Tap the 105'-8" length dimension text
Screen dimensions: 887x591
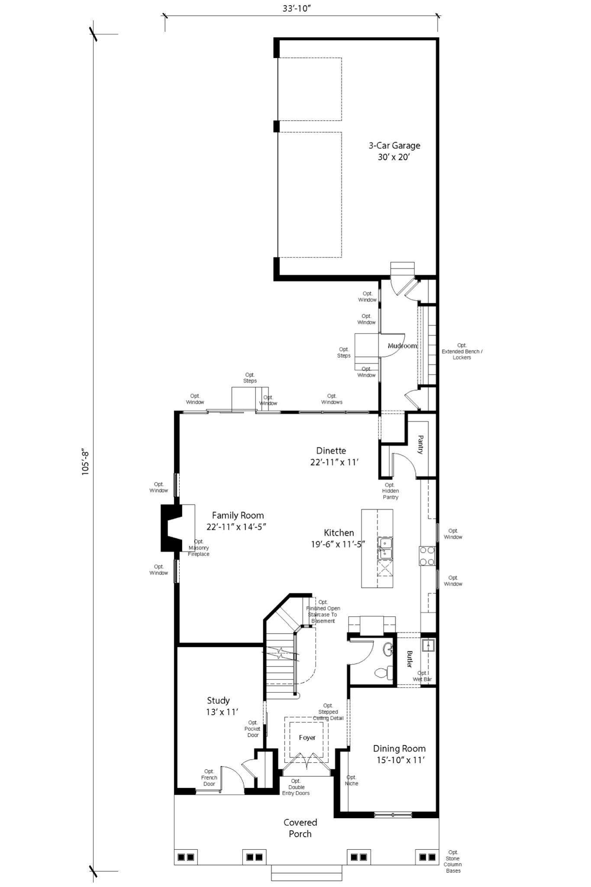(x=85, y=463)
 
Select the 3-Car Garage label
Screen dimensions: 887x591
(x=394, y=151)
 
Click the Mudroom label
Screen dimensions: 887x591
(x=402, y=346)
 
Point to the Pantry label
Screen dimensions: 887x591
(x=420, y=445)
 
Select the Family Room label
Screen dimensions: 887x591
(x=237, y=521)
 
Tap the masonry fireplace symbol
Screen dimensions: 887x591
(x=171, y=528)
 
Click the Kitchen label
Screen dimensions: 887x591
(x=339, y=538)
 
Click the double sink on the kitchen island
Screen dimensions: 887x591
(x=384, y=548)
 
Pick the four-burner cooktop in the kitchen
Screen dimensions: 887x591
(x=426, y=556)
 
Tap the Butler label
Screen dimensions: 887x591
(x=409, y=659)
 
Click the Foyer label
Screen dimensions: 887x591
(x=307, y=738)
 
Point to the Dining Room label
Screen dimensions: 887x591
(x=399, y=754)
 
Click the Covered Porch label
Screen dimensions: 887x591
(x=300, y=828)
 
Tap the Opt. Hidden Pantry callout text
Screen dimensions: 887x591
(x=390, y=491)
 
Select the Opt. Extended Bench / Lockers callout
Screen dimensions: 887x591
(x=462, y=351)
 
